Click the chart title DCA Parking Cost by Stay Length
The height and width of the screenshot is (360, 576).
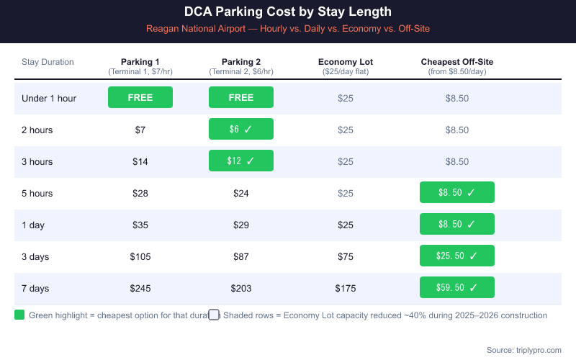288,12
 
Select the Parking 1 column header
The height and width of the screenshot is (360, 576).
140,62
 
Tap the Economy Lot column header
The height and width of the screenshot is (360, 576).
346,62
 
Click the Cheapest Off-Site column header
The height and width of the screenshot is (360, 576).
456,62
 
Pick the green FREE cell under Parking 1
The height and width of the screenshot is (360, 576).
140,97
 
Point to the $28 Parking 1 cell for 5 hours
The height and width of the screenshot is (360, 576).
140,193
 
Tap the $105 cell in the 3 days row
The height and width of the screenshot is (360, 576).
140,256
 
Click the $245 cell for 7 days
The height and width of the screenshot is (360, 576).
140,288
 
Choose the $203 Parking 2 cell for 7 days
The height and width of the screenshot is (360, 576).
241,288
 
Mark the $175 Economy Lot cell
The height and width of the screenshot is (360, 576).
346,288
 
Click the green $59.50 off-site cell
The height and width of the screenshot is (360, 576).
457,287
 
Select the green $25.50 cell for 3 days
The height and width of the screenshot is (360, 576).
457,256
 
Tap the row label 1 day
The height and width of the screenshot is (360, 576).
33,225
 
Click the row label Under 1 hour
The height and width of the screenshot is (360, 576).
49,98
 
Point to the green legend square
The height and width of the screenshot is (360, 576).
19,315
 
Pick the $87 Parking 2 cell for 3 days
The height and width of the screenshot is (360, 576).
241,256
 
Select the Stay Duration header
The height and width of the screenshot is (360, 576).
48,62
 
